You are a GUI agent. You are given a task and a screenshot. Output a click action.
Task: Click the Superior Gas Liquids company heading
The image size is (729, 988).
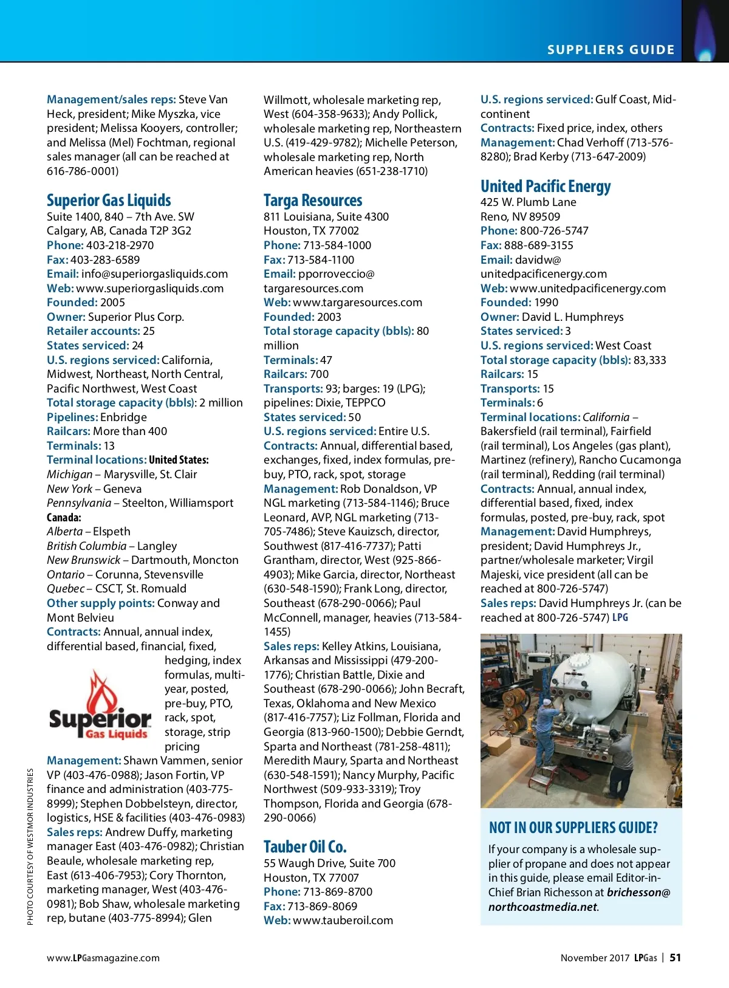[x=109, y=201]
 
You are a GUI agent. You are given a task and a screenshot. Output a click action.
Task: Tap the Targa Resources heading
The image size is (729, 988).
[x=313, y=201]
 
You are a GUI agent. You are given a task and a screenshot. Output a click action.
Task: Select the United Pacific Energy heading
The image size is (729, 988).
[x=546, y=186]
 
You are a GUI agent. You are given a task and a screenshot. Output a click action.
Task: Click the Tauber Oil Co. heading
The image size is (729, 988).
[x=305, y=846]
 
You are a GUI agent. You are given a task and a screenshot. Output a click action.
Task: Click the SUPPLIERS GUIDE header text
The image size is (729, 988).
[x=611, y=50]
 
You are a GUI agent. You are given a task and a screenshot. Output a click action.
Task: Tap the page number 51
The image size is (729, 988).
[x=675, y=958]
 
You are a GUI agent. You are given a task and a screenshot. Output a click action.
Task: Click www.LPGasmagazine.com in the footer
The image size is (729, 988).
[x=103, y=958]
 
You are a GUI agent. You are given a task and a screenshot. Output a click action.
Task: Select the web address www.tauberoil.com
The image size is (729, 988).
[x=343, y=920]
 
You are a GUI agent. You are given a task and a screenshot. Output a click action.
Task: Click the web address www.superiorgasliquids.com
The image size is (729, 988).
[x=150, y=288]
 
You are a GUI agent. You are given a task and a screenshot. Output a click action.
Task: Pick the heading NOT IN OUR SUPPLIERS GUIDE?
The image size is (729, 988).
[x=573, y=828]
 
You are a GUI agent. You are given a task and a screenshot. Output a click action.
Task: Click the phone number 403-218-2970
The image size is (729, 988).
[x=120, y=245]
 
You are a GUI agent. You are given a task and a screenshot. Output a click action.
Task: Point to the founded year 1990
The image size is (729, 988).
[x=546, y=302]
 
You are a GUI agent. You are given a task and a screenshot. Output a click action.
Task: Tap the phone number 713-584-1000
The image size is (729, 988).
[x=337, y=245]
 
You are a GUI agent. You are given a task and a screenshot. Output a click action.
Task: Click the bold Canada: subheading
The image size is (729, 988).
[x=64, y=517]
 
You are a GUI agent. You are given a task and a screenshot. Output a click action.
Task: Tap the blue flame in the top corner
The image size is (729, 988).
[x=705, y=36]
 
